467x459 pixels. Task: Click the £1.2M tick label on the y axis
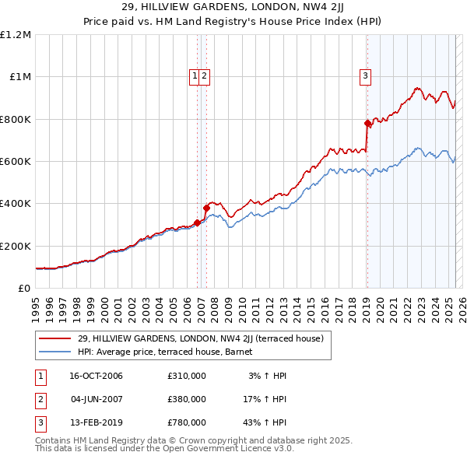16,35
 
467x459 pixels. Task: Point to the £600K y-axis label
16,162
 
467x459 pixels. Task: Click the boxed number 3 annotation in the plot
364,75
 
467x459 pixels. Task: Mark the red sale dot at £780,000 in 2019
367,123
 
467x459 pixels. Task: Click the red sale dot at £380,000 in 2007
206,208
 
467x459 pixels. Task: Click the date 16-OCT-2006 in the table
96,377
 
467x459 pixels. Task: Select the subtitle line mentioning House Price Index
233,23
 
